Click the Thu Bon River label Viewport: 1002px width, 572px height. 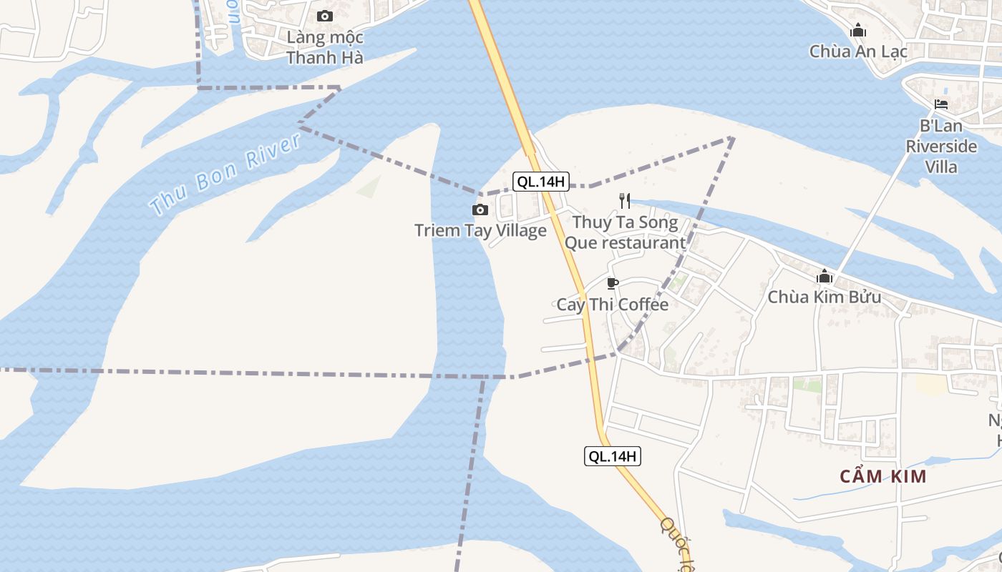coord(226,174)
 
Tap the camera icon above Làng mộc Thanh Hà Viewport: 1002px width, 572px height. coord(325,16)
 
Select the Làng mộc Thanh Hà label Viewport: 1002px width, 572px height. coord(325,47)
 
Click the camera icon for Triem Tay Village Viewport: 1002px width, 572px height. coord(480,209)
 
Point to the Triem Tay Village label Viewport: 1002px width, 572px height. coord(480,230)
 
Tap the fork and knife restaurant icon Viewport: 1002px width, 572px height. coord(625,201)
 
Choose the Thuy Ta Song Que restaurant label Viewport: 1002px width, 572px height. coord(625,232)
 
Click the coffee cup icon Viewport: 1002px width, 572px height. coord(612,283)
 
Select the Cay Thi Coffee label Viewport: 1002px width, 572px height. coord(613,304)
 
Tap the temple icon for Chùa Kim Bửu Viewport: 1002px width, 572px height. coord(825,276)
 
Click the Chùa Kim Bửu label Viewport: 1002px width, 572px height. coord(825,296)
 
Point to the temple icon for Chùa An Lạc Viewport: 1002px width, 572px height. coord(858,31)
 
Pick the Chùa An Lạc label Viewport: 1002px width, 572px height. coord(858,51)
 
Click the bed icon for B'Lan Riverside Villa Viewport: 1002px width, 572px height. coord(941,104)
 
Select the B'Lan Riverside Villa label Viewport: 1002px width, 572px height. coord(941,146)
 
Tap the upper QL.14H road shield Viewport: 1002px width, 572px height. coord(541,182)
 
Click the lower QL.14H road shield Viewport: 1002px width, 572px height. coord(612,456)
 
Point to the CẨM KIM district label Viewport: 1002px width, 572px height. coord(883,476)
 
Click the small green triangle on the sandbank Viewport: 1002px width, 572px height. coord(369,187)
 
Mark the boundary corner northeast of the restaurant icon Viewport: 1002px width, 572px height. coord(733,137)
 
